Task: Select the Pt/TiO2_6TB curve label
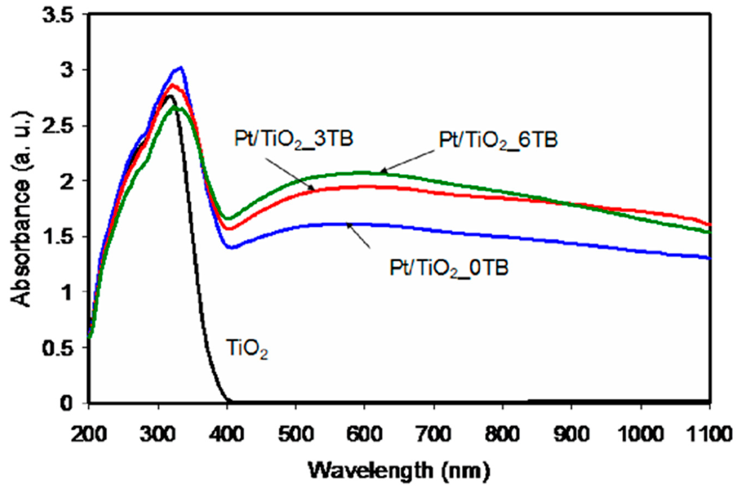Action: click(x=498, y=140)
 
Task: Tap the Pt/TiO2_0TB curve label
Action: click(x=449, y=268)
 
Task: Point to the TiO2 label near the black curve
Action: click(x=247, y=351)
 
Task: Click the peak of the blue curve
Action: click(x=181, y=67)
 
